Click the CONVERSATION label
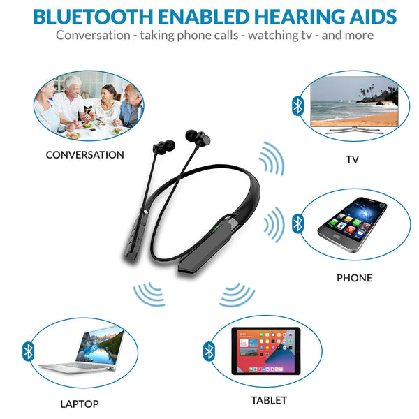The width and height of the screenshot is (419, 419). click(x=84, y=155)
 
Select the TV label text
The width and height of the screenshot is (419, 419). click(x=353, y=160)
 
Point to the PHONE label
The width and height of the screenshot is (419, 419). click(x=354, y=278)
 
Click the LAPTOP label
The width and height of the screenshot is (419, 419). click(x=79, y=404)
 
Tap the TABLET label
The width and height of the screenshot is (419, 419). click(x=269, y=400)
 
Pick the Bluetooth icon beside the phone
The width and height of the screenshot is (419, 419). click(x=298, y=223)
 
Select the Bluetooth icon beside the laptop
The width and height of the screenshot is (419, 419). click(x=28, y=351)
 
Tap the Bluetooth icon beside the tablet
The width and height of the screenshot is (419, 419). click(x=208, y=351)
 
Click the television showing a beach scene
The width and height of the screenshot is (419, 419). click(x=354, y=103)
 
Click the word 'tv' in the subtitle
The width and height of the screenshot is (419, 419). click(x=301, y=35)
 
